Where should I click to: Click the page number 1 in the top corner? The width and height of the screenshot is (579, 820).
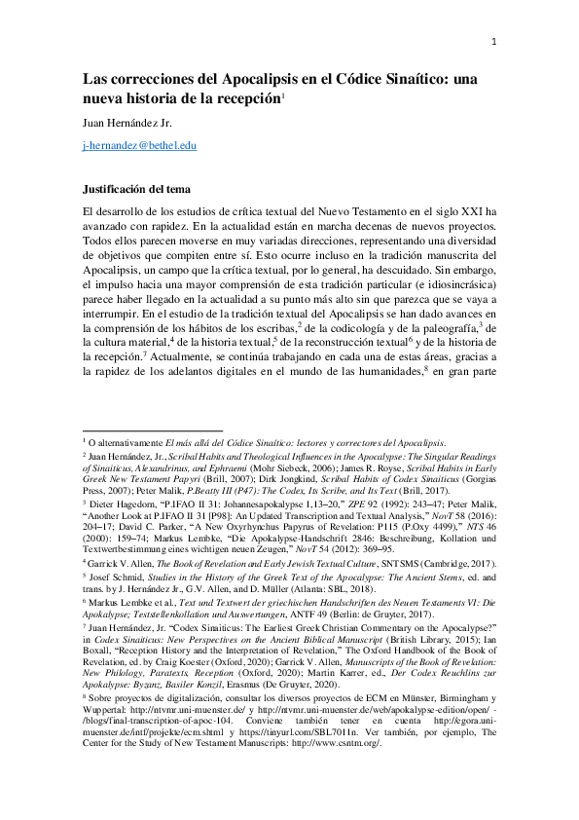494,41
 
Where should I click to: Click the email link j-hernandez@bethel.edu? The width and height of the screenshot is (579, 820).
139,145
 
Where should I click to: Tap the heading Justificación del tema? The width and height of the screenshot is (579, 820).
136,188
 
